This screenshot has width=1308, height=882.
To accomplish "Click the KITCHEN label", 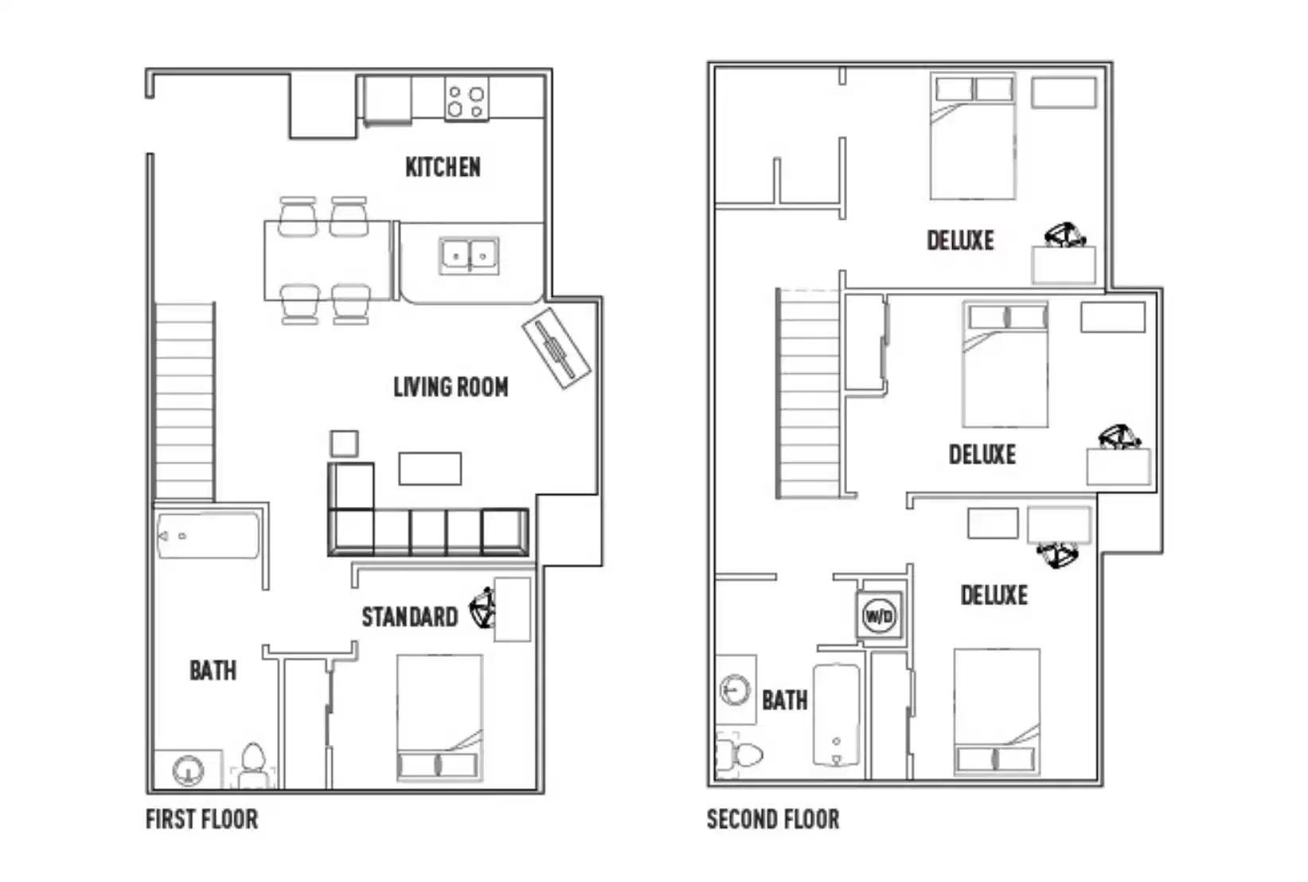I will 443,167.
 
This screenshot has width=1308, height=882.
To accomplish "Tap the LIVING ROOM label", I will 451,388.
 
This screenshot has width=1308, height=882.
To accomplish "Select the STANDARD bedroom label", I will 409,617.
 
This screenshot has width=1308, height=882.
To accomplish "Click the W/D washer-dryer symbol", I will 879,616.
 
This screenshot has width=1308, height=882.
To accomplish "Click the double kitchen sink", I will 469,256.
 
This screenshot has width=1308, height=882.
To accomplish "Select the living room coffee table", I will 430,469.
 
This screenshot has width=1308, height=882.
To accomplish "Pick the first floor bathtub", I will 208,536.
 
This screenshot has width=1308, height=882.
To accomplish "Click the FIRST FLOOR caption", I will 201,819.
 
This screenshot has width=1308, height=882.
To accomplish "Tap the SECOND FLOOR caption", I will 772,819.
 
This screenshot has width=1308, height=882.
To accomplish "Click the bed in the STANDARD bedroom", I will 439,716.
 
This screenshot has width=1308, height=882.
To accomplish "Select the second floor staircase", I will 809,394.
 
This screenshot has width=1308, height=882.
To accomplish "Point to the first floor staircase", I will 185,402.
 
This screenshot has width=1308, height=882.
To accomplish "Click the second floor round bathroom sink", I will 735,689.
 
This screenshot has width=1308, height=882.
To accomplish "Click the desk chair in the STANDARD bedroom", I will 483,610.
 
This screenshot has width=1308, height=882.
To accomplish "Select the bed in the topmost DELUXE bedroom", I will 973,137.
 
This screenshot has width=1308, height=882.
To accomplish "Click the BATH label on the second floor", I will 784,701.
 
